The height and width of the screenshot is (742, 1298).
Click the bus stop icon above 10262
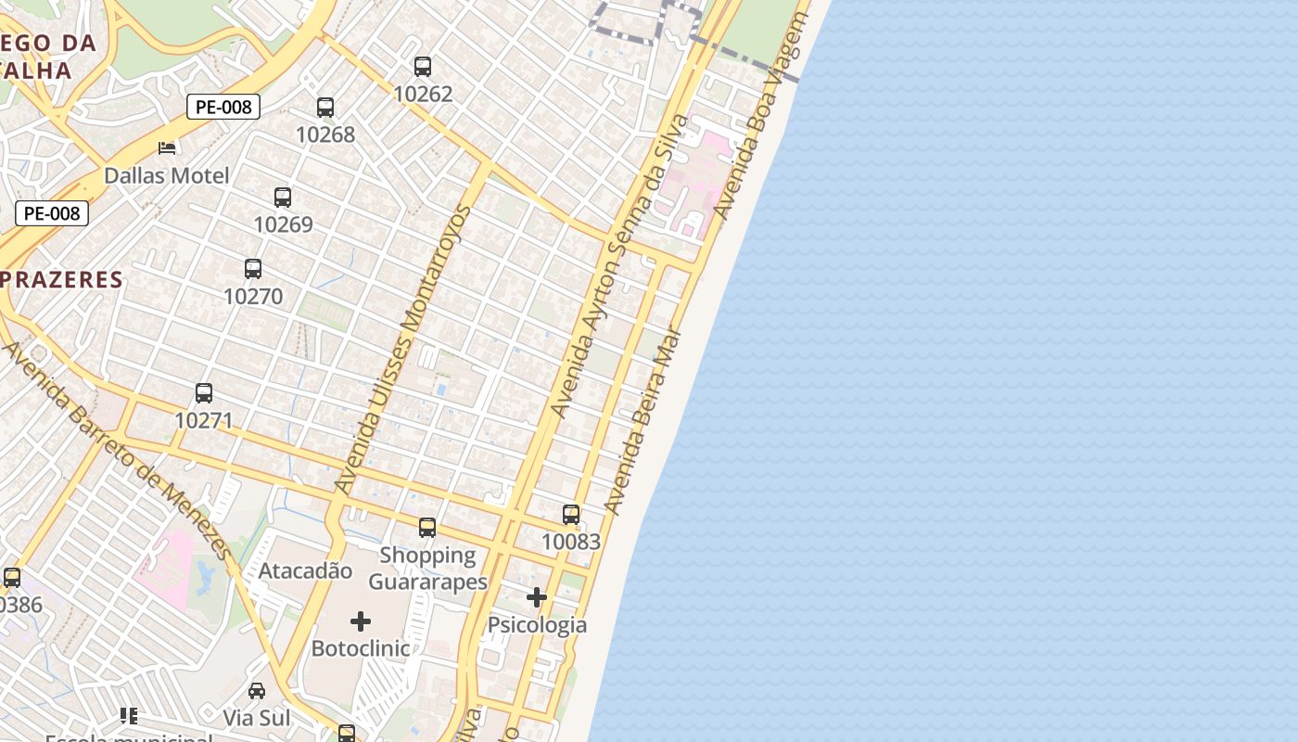click(423, 67)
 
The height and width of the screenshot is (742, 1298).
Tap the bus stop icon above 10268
click(325, 108)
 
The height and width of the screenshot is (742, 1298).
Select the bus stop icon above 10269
click(283, 198)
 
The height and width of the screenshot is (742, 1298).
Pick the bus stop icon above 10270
click(253, 269)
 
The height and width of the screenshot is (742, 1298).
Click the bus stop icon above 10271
click(204, 393)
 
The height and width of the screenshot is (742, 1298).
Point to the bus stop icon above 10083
click(571, 515)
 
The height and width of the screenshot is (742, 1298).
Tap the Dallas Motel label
click(167, 175)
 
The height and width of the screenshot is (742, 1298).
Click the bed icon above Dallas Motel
click(167, 147)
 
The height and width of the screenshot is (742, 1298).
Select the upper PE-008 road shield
click(223, 107)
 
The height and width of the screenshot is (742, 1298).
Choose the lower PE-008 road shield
click(52, 213)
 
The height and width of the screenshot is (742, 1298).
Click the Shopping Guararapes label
click(428, 569)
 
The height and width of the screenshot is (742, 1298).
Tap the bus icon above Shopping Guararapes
click(427, 528)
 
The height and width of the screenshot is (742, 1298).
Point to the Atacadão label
click(305, 570)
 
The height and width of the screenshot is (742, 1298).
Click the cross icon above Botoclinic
click(361, 621)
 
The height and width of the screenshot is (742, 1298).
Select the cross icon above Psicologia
click(537, 597)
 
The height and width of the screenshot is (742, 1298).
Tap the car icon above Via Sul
click(257, 691)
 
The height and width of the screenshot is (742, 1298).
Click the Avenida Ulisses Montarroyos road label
click(403, 349)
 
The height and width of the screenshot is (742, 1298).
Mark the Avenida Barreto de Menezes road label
click(118, 452)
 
